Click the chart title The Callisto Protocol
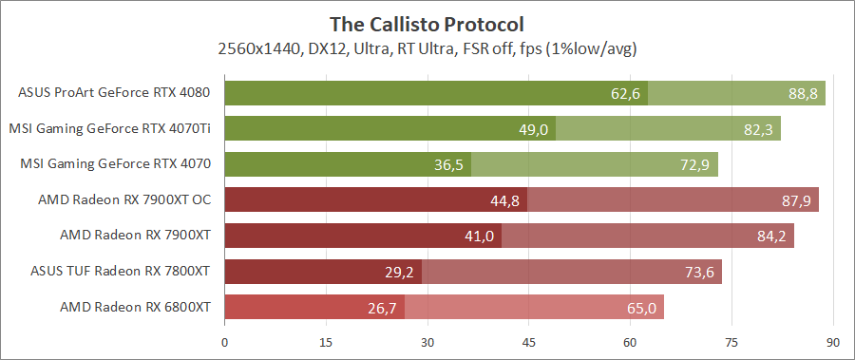pos(427,22)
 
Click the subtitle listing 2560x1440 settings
pos(427,47)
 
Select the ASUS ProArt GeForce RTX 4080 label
pos(114,93)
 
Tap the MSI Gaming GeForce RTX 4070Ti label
pos(109,128)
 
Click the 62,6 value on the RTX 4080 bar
pos(626,93)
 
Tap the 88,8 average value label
pos(803,93)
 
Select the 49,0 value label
pos(534,129)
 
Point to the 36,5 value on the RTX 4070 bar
pos(449,164)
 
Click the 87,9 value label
pos(796,200)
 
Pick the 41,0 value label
pos(480,236)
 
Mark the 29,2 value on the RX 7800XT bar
pos(400,272)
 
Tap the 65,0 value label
pos(641,308)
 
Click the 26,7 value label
pos(383,308)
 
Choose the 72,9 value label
pos(695,164)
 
